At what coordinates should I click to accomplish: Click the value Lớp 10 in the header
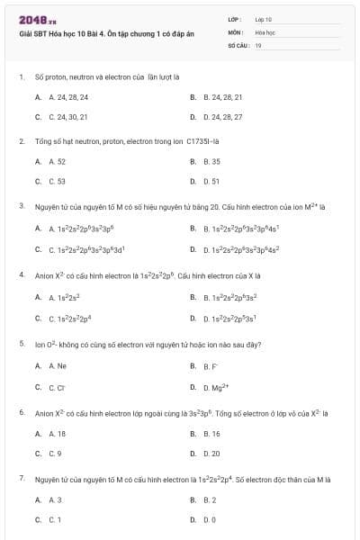[263, 19]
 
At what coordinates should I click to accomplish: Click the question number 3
[22, 206]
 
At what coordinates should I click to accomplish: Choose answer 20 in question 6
[212, 454]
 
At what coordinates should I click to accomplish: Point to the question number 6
[22, 412]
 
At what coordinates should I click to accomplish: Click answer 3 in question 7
[56, 499]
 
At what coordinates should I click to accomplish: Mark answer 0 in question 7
[211, 520]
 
